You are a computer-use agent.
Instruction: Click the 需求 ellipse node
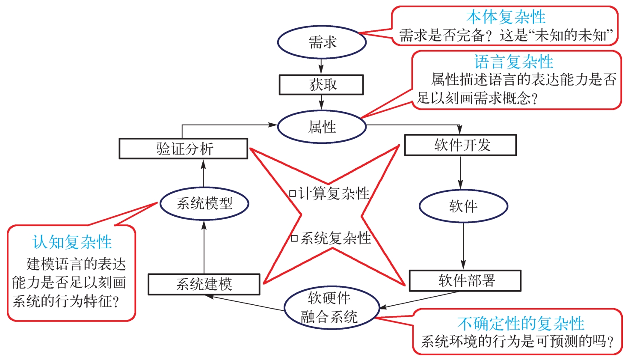click(x=322, y=42)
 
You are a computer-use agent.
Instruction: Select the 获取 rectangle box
click(x=321, y=85)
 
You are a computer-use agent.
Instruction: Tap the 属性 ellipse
click(x=322, y=127)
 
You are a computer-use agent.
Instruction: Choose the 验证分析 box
click(x=184, y=149)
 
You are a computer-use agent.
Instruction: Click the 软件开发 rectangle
click(x=460, y=145)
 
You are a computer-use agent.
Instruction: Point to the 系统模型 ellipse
click(x=204, y=203)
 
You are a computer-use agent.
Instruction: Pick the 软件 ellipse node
click(x=463, y=206)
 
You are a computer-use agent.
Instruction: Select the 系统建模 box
click(x=204, y=284)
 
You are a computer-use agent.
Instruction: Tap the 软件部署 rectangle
click(x=465, y=281)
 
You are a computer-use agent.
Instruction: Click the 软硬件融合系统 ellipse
click(x=332, y=307)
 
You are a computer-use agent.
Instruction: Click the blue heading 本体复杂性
click(x=506, y=17)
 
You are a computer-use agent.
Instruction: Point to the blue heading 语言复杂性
click(x=513, y=62)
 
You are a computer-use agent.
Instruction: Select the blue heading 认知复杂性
click(x=72, y=242)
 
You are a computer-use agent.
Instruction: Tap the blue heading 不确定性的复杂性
click(x=520, y=324)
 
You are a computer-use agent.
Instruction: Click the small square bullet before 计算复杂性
click(x=293, y=193)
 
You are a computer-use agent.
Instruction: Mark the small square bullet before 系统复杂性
click(x=294, y=238)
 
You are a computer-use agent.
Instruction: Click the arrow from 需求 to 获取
click(x=321, y=66)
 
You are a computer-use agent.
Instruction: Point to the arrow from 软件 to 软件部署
click(x=463, y=246)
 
